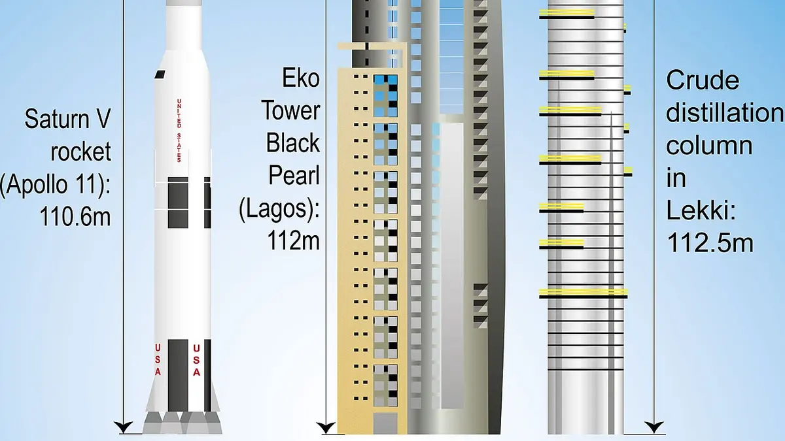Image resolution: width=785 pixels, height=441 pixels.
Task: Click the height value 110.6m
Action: [x=75, y=217]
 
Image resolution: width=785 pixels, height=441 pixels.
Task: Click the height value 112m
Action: [x=293, y=240]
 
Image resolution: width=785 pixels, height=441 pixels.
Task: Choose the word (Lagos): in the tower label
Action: [x=279, y=208]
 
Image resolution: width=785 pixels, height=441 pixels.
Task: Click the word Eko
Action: [x=301, y=78]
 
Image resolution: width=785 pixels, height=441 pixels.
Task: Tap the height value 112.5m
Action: [x=710, y=243]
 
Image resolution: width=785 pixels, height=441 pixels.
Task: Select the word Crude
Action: [x=703, y=80]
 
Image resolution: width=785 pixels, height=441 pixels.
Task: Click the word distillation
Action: [x=724, y=112]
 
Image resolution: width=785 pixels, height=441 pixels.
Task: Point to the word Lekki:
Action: [x=701, y=210]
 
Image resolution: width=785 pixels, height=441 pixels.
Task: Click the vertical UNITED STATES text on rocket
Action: [x=179, y=131]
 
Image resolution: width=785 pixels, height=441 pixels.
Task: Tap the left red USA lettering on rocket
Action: [x=158, y=359]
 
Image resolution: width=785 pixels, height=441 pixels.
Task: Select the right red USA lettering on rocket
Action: [x=197, y=360]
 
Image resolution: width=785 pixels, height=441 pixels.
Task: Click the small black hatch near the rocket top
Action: [x=160, y=74]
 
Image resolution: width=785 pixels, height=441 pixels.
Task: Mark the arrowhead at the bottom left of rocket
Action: [x=124, y=427]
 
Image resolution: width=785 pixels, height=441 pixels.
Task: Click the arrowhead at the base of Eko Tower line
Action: [x=326, y=428]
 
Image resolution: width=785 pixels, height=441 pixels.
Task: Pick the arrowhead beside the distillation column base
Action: [x=654, y=427]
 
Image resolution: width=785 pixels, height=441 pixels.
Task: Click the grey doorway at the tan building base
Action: [x=385, y=423]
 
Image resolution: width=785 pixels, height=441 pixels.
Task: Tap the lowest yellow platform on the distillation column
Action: [x=583, y=293]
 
